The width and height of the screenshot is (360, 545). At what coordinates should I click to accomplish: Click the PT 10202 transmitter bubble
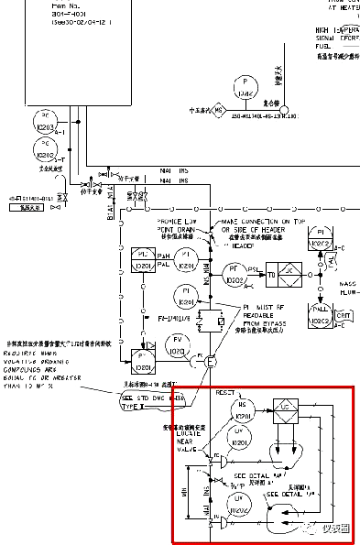pos(232,274)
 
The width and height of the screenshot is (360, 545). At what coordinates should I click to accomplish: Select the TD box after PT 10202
pos(271,274)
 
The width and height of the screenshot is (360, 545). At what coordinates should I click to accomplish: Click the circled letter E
pos(211,362)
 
